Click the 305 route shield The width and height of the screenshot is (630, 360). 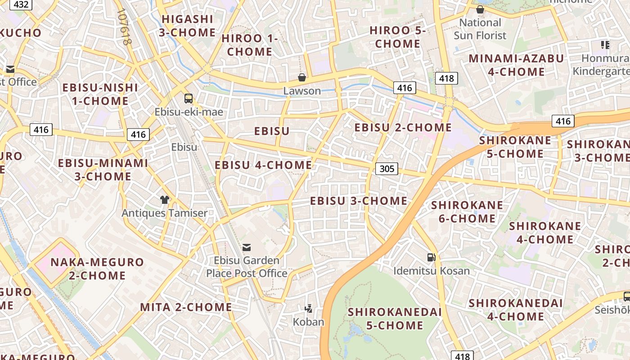point(387,169)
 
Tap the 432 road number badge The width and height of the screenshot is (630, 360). point(21,5)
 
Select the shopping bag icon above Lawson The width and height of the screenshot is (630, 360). point(302,77)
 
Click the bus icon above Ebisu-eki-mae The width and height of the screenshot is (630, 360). point(189,99)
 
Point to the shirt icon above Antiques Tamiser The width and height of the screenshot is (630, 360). point(165,200)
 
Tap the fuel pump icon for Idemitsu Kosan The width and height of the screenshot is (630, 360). point(431,257)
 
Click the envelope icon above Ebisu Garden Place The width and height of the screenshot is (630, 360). point(247,247)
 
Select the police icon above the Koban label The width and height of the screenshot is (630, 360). point(308,309)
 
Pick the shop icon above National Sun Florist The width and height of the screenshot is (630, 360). point(480,9)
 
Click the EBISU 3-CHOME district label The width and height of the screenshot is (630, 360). point(359,201)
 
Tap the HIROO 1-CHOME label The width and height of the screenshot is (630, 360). point(250,45)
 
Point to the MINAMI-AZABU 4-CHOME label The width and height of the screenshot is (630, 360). point(516,65)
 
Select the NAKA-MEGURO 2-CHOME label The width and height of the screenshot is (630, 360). point(97,269)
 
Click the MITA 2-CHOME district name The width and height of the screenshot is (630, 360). point(186,307)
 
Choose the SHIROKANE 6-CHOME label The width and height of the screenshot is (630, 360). point(467,212)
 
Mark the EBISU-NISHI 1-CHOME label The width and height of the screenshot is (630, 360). point(100,94)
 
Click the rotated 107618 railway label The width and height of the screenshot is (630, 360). point(125,27)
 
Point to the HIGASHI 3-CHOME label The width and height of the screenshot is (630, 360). point(187,26)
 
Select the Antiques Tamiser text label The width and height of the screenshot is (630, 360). point(165,213)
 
